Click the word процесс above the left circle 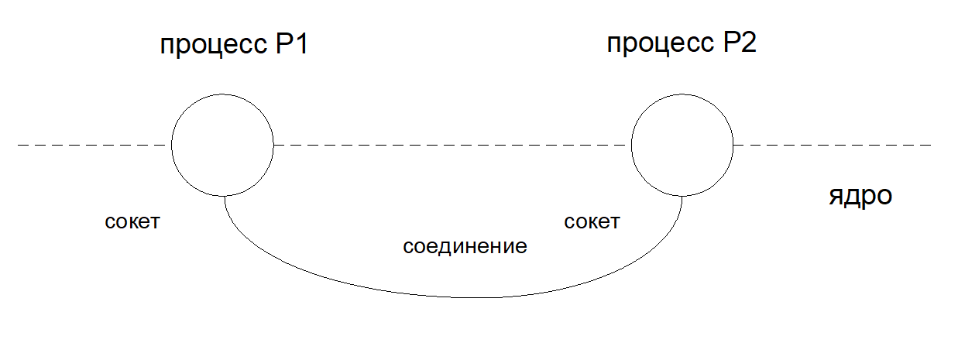pos(214,45)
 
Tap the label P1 pos(292,43)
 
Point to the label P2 pos(740,43)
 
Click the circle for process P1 pos(171,146)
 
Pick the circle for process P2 pos(631,146)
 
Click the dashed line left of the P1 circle pos(92,146)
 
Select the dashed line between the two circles pos(452,146)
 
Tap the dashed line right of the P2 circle pos(833,146)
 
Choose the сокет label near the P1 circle pos(132,221)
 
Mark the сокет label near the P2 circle pos(592,221)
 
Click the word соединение pos(465,246)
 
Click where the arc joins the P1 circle pos(225,196)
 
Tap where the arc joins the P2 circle pos(682,196)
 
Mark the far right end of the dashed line pos(931,146)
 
